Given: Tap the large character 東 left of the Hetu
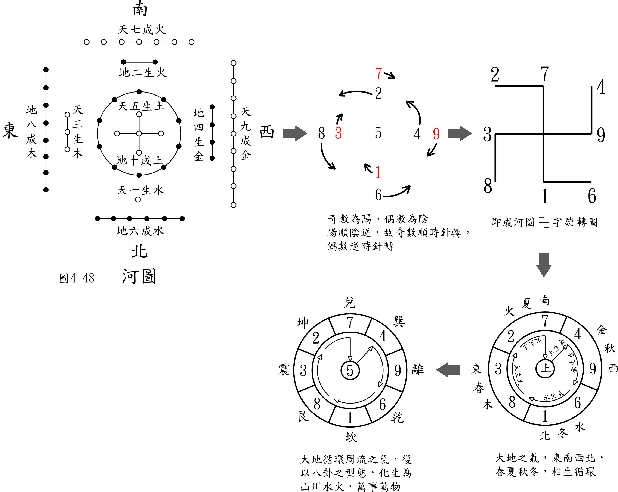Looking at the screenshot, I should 10,131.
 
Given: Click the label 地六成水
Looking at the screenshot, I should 140,230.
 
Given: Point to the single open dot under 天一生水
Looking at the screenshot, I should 138,199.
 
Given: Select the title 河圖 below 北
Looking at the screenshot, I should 139,277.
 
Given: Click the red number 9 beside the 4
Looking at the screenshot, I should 436,134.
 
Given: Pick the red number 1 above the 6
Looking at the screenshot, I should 378,172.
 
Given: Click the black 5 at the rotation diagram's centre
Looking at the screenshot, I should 378,133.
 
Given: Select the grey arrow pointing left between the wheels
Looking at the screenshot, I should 448,370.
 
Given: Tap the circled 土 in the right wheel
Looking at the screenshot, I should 545,369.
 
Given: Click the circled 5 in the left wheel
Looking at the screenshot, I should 350,370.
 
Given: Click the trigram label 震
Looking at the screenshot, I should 284,370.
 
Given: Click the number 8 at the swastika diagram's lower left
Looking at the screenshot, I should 488,186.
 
